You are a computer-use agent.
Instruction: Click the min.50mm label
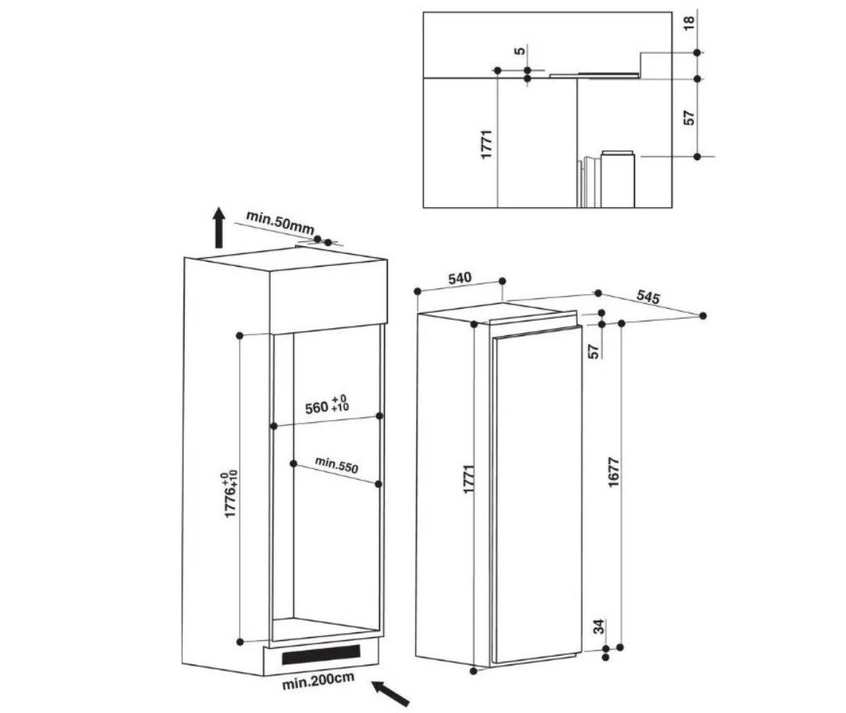pos(280,222)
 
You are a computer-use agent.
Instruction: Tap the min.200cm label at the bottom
pos(317,681)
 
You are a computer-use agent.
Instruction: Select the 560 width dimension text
pos(327,406)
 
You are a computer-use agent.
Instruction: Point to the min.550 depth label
pos(336,464)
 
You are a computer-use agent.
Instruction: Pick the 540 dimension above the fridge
pos(460,278)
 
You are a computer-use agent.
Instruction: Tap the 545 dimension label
pos(648,296)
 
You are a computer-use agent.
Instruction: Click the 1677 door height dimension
pos(613,472)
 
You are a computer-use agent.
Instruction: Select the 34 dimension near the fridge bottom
pos(598,627)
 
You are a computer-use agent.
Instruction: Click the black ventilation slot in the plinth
pos(321,654)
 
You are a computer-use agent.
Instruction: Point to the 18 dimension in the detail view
pos(690,23)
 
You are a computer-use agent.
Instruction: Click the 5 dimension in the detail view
pos(519,52)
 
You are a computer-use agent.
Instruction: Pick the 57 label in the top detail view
pos(690,117)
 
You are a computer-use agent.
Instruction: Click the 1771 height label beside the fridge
pos(469,479)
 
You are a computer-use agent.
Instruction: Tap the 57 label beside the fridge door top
pos(594,352)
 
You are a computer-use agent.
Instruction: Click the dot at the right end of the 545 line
pos(702,316)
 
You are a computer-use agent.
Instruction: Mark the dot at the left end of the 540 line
pos(417,292)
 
